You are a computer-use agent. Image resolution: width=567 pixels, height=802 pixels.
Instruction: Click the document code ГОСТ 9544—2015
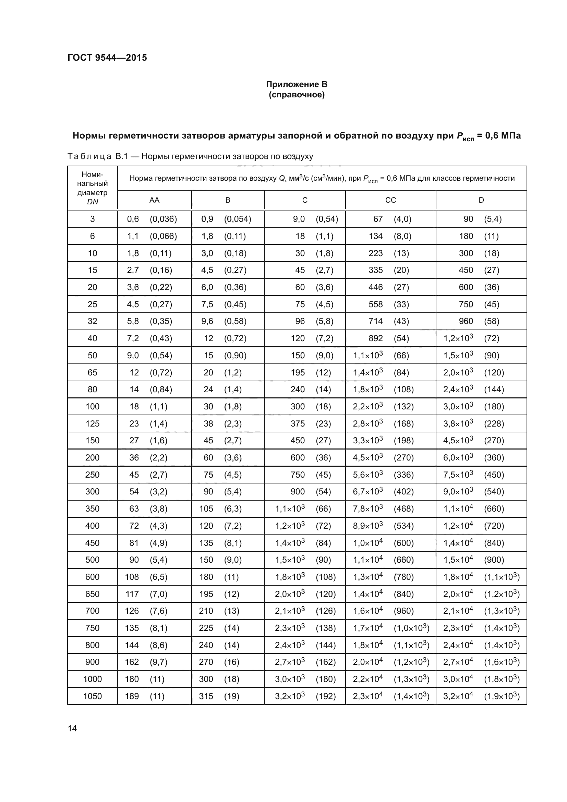tap(107, 58)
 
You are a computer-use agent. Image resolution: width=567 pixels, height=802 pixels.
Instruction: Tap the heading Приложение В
tap(297, 84)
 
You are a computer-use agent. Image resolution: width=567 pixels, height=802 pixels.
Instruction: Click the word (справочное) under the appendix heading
tap(297, 95)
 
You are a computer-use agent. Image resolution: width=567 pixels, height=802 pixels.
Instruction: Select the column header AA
tap(154, 200)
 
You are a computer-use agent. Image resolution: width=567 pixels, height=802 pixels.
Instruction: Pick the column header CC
tap(390, 200)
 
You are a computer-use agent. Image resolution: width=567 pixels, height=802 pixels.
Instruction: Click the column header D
tap(481, 200)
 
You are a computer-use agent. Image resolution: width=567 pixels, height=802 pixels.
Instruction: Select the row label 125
tap(93, 424)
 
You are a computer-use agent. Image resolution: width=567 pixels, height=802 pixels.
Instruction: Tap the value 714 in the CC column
tap(376, 321)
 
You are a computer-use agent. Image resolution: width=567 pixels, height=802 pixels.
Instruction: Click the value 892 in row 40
tap(376, 338)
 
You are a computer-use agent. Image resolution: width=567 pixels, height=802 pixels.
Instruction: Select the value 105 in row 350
tap(206, 509)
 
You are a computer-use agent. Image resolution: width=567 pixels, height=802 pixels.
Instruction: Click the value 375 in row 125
tap(298, 424)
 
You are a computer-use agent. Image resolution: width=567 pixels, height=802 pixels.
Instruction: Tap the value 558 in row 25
tap(376, 304)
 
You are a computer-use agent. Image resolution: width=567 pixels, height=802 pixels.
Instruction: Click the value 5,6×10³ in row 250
tap(367, 475)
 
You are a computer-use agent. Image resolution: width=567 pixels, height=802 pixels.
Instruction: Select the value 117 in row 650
tap(132, 594)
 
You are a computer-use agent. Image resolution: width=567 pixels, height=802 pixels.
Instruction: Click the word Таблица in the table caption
tap(89, 156)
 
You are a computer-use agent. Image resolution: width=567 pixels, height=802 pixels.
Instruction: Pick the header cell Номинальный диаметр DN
tap(93, 188)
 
